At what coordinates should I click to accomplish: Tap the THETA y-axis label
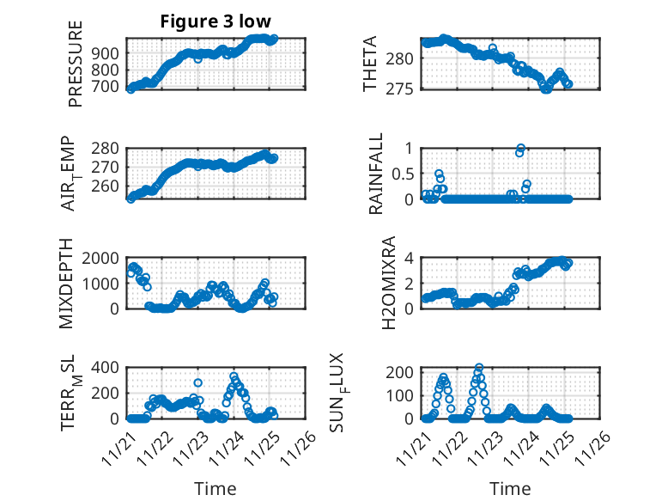coord(371,64)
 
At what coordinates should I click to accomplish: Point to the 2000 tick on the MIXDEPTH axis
coord(100,258)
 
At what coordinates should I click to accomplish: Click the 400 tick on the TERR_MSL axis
coord(104,368)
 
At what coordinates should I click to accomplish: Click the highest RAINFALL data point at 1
coord(520,148)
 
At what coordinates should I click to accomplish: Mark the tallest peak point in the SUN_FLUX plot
coord(478,368)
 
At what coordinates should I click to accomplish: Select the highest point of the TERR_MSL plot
coord(234,376)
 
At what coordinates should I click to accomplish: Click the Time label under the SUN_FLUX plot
coord(510,488)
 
